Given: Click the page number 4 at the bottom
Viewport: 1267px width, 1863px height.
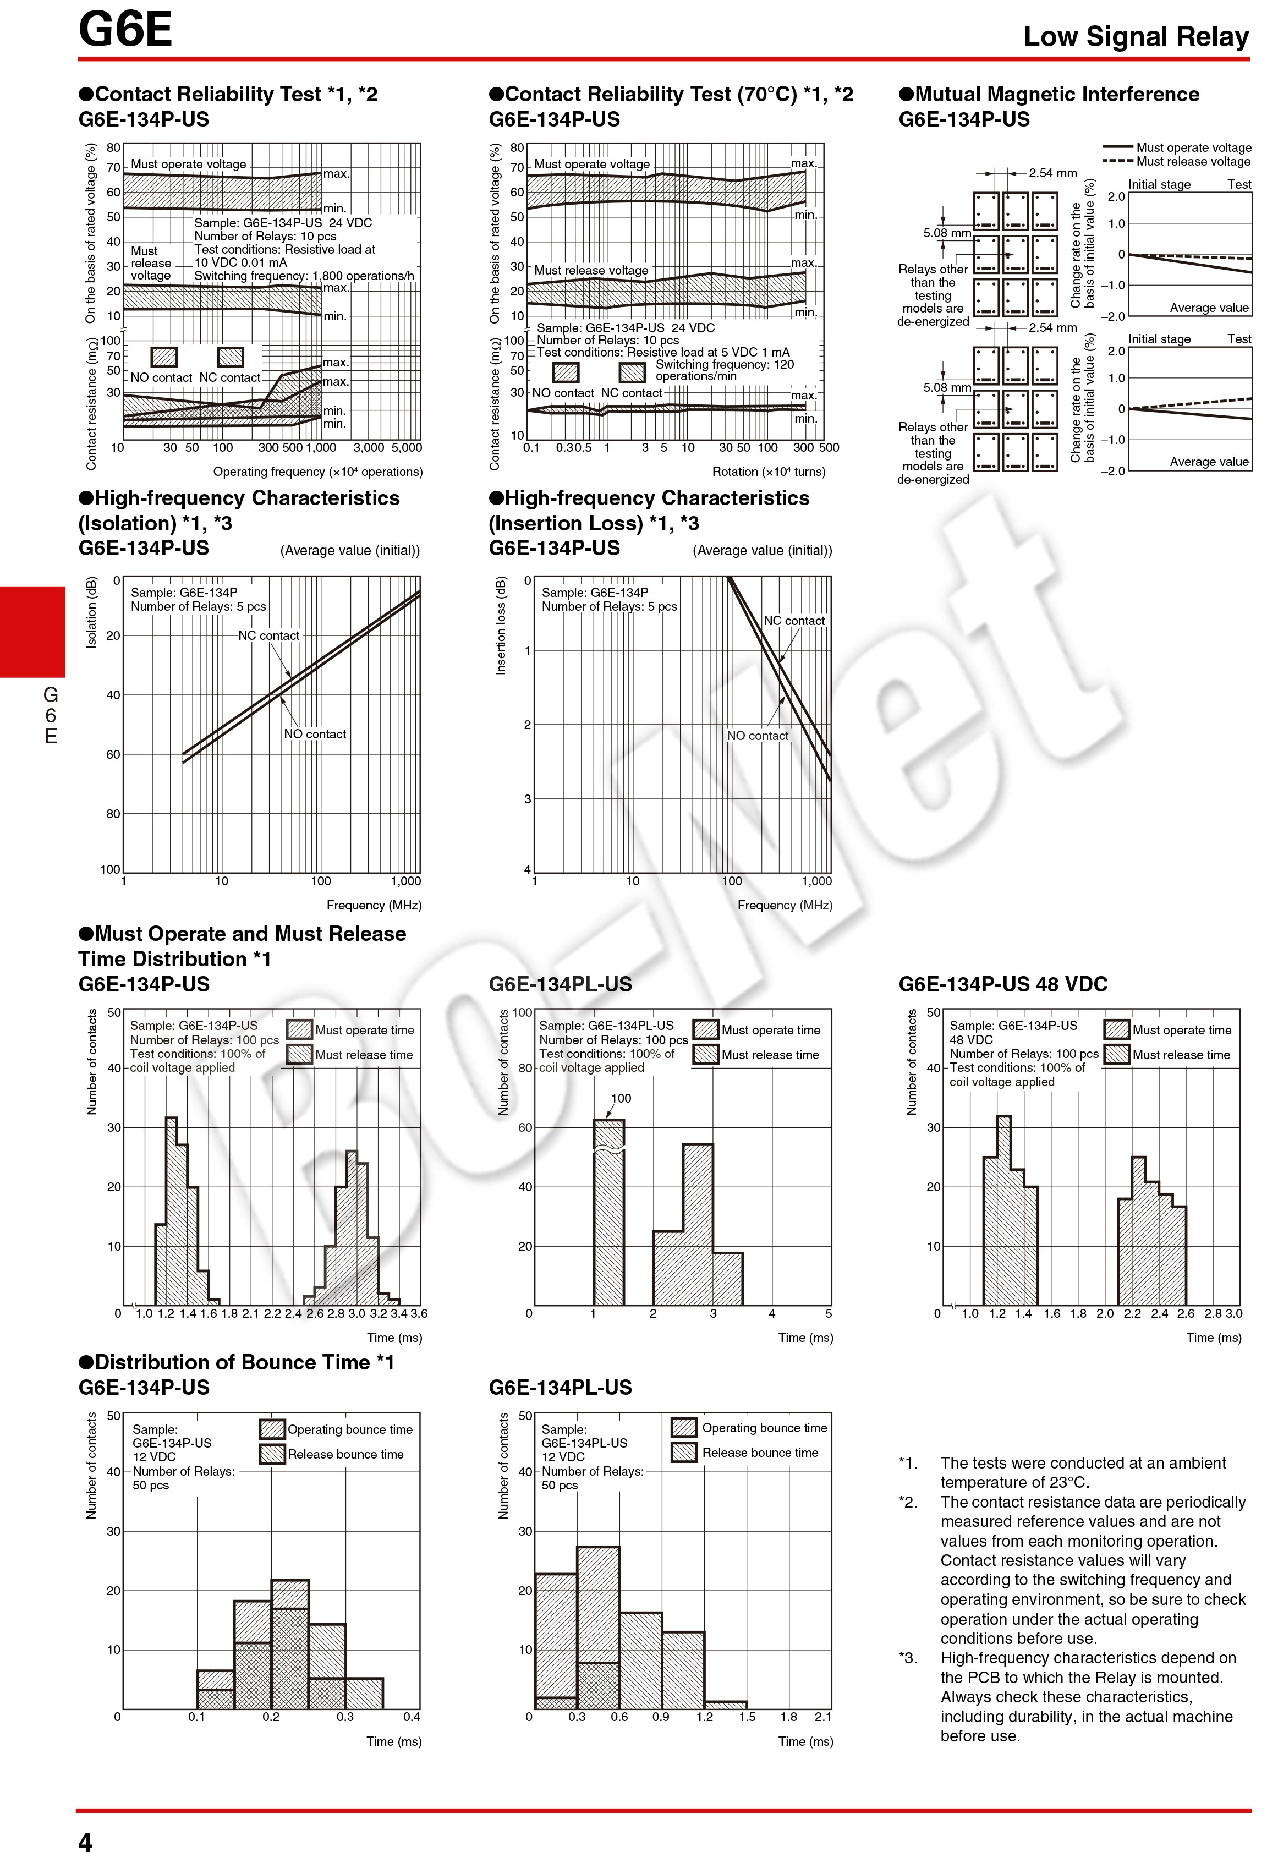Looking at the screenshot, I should (x=85, y=1842).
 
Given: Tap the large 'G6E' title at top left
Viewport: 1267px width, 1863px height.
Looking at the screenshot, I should (x=125, y=30).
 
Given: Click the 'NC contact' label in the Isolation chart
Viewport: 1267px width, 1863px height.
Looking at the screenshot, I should (x=268, y=635).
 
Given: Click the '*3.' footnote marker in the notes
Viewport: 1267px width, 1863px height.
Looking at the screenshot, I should (x=909, y=1658).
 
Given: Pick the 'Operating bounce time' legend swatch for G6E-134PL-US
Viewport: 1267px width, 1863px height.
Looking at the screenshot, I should (x=684, y=1428).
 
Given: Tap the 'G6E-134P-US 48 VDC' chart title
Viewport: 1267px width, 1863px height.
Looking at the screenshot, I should (x=1002, y=984).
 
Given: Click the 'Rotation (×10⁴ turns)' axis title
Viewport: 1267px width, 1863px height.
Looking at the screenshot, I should (x=769, y=472).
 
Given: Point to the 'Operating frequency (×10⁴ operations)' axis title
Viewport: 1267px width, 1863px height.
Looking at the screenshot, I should (x=317, y=472).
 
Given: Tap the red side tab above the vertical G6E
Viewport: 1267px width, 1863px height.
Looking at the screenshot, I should (x=32, y=632).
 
